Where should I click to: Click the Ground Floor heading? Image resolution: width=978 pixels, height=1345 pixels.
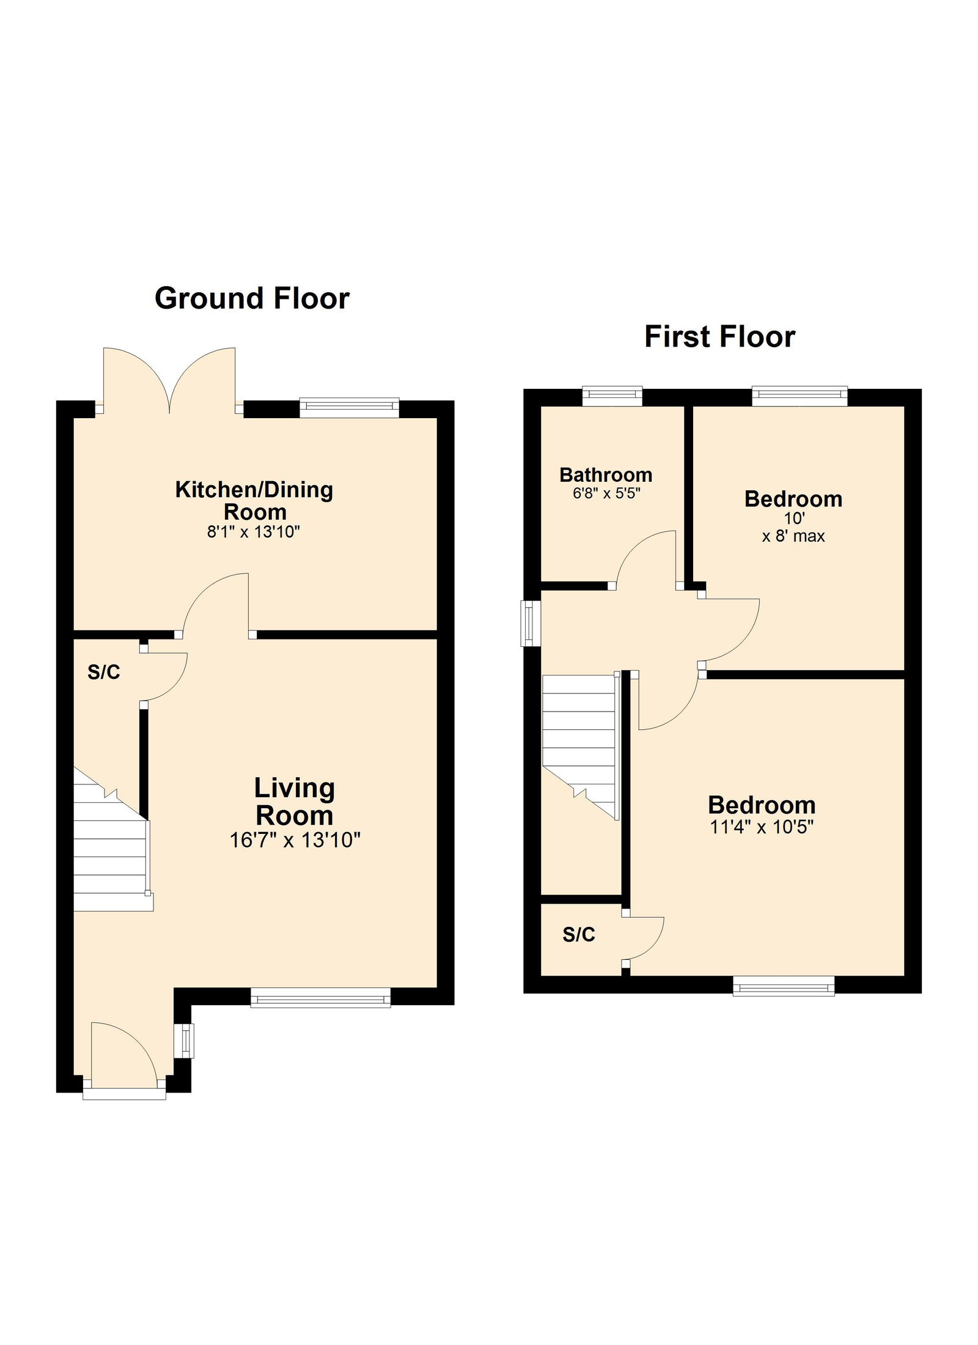[252, 299]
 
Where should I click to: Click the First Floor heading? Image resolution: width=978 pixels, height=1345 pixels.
[719, 337]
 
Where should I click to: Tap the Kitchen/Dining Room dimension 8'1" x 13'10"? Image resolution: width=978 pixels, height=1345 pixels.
[254, 532]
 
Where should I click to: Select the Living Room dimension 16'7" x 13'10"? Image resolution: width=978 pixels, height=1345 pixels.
[295, 841]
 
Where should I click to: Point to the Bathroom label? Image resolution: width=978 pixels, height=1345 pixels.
[606, 475]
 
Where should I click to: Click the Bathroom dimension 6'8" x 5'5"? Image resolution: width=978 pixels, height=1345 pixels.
[606, 493]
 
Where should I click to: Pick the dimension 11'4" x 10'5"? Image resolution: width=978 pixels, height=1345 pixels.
[762, 827]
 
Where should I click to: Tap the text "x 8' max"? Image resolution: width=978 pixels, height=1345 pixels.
[793, 536]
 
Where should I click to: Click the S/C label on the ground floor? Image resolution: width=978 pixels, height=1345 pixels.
[104, 672]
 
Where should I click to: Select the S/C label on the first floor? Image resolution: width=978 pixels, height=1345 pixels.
[579, 935]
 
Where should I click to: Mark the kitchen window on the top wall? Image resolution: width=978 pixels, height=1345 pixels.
[349, 408]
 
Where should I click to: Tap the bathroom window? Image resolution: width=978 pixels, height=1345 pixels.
[612, 396]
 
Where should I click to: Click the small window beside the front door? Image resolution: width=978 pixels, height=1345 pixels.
[183, 1041]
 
